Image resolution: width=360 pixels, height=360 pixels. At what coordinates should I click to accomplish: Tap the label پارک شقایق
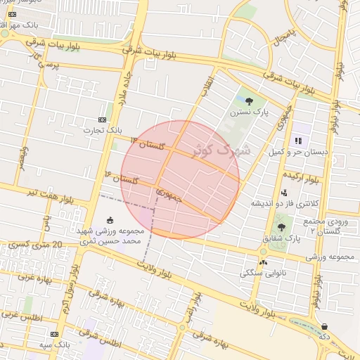tap(281, 238)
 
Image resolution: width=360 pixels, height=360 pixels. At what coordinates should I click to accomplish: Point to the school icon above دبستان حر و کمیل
tap(298, 141)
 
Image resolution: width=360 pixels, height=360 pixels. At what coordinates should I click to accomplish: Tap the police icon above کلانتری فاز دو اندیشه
tap(284, 193)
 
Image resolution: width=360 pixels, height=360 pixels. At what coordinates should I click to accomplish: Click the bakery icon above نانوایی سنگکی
tap(263, 262)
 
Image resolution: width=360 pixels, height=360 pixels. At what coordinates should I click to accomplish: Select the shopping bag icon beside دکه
tap(324, 326)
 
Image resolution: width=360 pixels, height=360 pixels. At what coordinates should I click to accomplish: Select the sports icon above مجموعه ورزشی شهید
tap(108, 220)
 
